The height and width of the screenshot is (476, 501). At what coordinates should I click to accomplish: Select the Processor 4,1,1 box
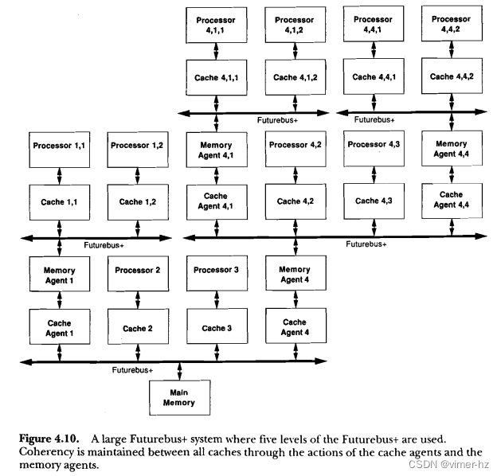click(x=216, y=24)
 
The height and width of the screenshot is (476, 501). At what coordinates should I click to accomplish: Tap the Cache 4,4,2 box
click(x=451, y=77)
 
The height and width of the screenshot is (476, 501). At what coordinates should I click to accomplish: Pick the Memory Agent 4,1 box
click(x=216, y=150)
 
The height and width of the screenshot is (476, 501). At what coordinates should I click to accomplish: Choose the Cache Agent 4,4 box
click(x=451, y=200)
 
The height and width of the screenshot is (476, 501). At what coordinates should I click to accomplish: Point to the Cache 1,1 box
click(x=60, y=201)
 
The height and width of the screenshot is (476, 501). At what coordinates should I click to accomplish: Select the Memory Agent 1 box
click(x=60, y=275)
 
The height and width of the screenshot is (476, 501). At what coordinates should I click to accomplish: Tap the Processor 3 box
click(x=216, y=271)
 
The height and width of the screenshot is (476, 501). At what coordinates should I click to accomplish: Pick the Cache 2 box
click(x=135, y=328)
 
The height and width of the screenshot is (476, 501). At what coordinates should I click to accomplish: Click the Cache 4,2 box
click(x=293, y=201)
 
